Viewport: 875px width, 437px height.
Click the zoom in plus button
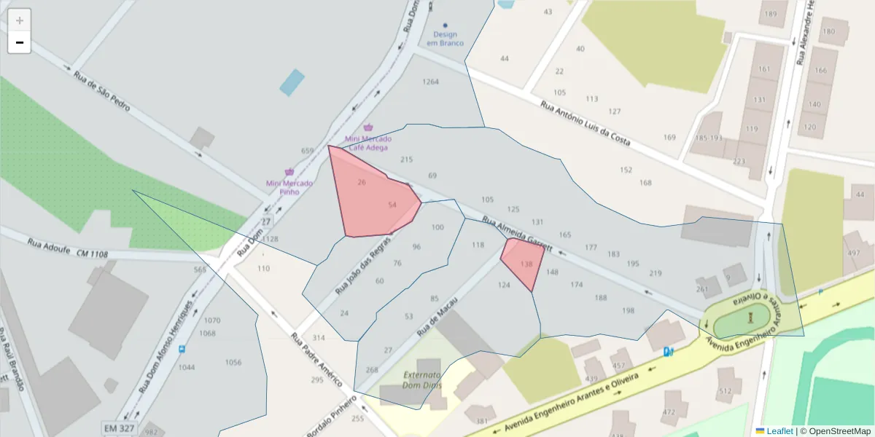pyautogui.click(x=20, y=20)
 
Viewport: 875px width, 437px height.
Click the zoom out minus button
pyautogui.click(x=20, y=43)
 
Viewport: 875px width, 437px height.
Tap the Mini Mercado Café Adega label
pyautogui.click(x=368, y=143)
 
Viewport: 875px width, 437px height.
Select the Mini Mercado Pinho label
pyautogui.click(x=289, y=187)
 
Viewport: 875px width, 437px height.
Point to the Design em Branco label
pyautogui.click(x=445, y=39)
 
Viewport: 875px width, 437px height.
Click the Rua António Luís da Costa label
pyautogui.click(x=585, y=123)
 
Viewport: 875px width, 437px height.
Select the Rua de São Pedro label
pyautogui.click(x=101, y=90)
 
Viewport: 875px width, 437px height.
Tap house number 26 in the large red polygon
pyautogui.click(x=362, y=182)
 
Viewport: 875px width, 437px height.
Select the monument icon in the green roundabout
pyautogui.click(x=750, y=318)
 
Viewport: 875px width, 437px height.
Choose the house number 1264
pyautogui.click(x=431, y=82)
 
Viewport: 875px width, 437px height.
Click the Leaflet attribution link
pyautogui.click(x=779, y=431)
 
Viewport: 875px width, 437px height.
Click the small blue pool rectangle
pyautogui.click(x=292, y=82)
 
